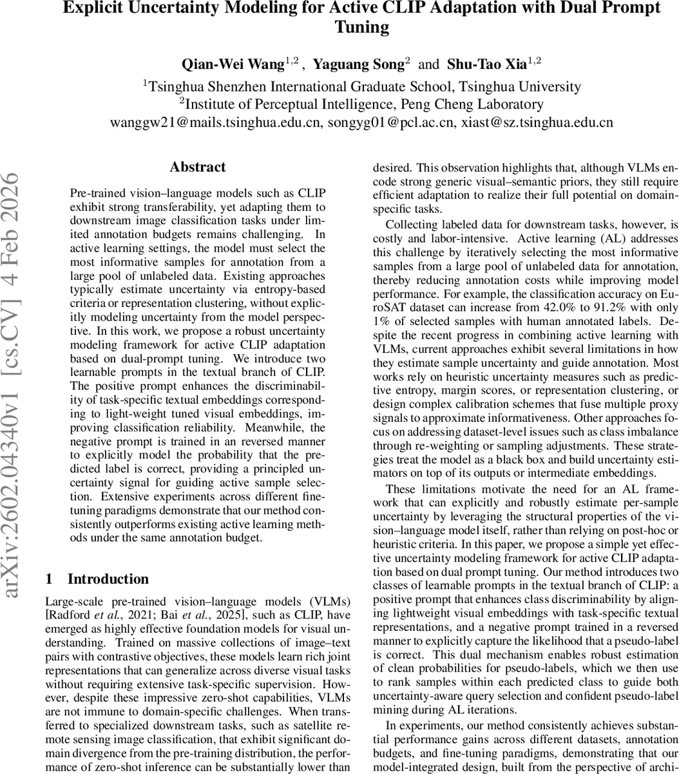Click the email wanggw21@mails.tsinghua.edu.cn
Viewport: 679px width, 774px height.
tap(215, 123)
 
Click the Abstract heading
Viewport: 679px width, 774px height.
tap(198, 167)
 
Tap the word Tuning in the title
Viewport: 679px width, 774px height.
tap(361, 27)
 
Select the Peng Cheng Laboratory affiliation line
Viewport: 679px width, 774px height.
tap(361, 104)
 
